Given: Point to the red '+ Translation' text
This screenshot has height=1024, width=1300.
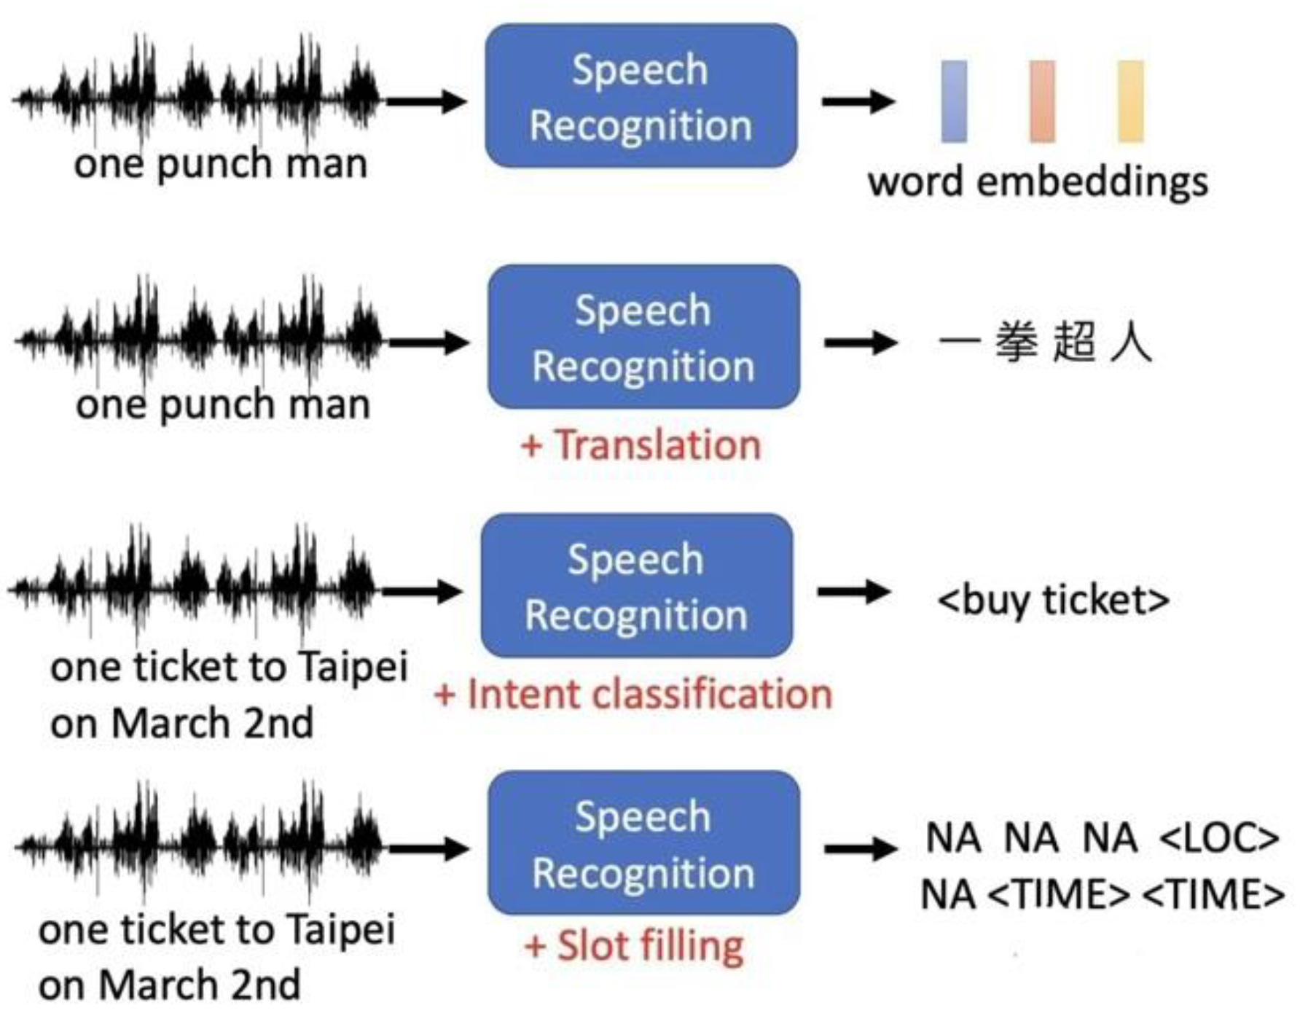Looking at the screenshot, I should point(641,445).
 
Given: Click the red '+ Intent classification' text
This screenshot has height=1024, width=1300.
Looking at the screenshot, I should point(633,693).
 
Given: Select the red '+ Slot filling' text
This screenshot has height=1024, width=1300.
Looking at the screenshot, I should point(634,946).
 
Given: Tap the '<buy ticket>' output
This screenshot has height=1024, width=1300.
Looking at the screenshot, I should point(1053,600).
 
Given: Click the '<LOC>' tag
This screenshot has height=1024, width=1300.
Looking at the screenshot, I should point(1218,838).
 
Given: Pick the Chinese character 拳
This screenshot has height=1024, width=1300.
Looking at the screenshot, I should point(1017,342).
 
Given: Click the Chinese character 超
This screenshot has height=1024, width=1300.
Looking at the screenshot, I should point(1074,342).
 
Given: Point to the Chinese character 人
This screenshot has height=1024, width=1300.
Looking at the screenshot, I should point(1131,342).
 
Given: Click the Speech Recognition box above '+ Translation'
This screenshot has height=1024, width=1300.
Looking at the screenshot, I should point(643,337).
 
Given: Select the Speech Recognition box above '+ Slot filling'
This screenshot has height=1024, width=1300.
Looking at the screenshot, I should point(643,843).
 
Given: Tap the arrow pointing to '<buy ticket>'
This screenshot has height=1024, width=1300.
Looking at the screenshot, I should point(854,591).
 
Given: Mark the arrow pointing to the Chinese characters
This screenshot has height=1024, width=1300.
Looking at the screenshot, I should point(860,342).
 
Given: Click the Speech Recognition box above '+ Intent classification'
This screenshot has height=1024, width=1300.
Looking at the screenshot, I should point(636,586).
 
